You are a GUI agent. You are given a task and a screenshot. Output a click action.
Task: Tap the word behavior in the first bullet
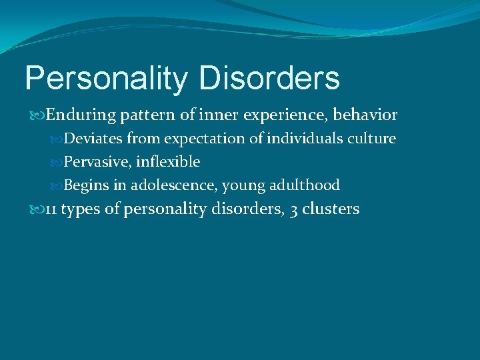(365, 115)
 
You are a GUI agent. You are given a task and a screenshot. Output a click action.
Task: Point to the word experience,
(285, 115)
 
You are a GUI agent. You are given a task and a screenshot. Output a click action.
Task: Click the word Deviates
(93, 139)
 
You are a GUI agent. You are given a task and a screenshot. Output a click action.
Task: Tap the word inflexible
(168, 162)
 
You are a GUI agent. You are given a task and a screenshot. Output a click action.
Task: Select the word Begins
(87, 185)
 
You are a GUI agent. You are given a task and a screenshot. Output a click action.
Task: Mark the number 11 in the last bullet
(51, 209)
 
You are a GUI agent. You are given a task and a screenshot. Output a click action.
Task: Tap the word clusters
(331, 209)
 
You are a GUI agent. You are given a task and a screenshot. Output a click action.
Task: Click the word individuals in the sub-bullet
(305, 139)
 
